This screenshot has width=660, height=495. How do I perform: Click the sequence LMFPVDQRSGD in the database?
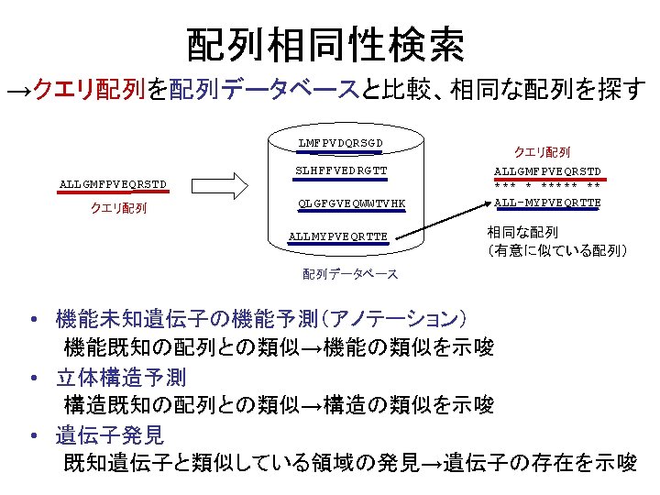(x=340, y=143)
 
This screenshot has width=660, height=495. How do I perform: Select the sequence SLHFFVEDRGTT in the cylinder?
(x=340, y=170)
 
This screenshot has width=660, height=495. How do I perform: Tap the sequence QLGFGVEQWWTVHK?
(x=352, y=203)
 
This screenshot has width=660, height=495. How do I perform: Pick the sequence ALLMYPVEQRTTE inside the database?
(x=337, y=236)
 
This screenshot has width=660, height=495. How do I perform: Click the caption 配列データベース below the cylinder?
(x=350, y=274)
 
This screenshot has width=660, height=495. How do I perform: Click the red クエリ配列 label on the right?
(x=542, y=151)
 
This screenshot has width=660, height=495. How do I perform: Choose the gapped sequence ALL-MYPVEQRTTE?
(x=547, y=203)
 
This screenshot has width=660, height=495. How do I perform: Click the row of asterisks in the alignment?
(x=547, y=187)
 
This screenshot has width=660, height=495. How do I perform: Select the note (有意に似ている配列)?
(x=557, y=249)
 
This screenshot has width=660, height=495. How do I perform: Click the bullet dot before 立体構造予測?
(x=32, y=378)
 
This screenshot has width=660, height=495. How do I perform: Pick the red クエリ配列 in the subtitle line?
(x=90, y=90)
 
